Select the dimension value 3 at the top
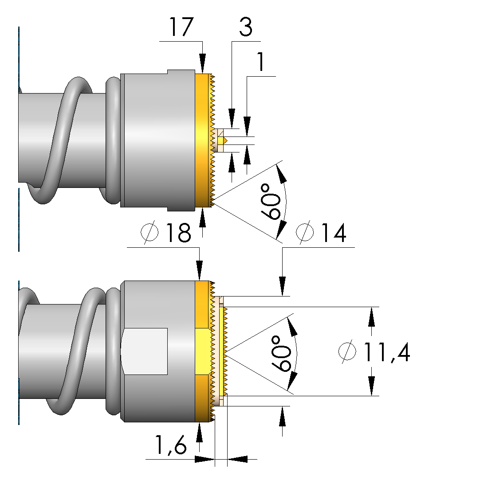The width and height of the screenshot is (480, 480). [245, 27]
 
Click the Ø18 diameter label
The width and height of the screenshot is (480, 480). [166, 233]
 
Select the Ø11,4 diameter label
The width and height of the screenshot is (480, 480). [374, 352]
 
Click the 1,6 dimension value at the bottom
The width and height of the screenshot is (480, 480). [170, 445]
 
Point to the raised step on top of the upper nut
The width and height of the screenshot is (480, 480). [181, 72]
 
